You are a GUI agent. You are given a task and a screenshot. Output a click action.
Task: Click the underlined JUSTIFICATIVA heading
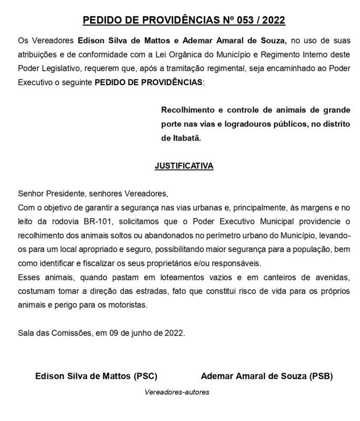tap(184, 165)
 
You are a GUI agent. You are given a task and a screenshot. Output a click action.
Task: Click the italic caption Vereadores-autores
tap(176, 392)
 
